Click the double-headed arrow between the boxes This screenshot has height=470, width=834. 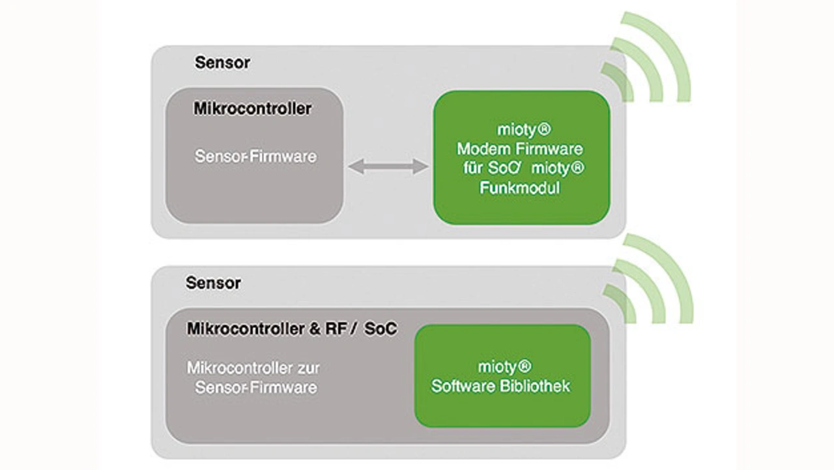coord(388,167)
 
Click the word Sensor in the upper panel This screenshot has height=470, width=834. coord(222,63)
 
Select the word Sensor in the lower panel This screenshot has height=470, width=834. coord(213,283)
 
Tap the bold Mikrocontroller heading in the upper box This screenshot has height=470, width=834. coord(252,109)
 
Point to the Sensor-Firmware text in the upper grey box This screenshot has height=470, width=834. coord(255,157)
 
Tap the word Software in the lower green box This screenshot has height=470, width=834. coord(462,386)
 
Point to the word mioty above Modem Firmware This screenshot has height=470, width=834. coord(516,129)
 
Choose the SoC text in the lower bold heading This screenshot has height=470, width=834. coord(381,329)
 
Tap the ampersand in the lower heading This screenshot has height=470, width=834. coord(315,329)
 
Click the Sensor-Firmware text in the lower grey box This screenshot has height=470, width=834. coord(255,388)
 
